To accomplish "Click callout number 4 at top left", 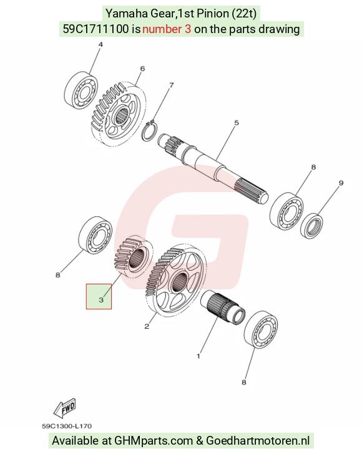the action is [100, 45].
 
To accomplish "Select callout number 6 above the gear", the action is [142, 69].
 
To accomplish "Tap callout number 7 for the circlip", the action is [172, 85].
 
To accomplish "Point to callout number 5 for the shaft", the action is [237, 123].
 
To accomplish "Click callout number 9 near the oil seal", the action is [341, 183].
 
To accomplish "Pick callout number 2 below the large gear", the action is [147, 326].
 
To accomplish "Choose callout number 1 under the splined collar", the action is [198, 356].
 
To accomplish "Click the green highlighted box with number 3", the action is [99, 296].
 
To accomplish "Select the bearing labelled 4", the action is [81, 90].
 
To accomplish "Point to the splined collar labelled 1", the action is [223, 307].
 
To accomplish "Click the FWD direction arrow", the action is [65, 408].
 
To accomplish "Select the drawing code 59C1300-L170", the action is [67, 426].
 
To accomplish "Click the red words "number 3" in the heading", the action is [167, 29].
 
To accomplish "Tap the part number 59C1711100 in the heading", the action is [95, 29].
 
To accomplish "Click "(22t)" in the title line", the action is [244, 14].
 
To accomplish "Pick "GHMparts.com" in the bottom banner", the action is [154, 441].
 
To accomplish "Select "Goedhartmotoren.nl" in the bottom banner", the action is [258, 441].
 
